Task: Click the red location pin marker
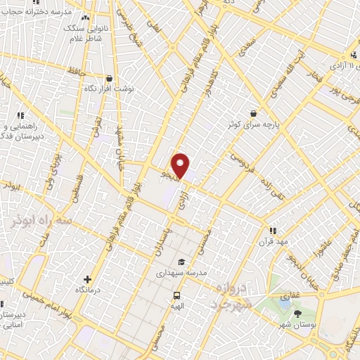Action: tap(181, 165)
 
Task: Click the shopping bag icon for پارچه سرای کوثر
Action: tap(253, 112)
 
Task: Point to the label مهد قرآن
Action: tap(273, 241)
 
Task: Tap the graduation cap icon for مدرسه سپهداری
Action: tap(181, 262)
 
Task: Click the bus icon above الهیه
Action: tap(176, 296)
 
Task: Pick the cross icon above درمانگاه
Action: tap(87, 279)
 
